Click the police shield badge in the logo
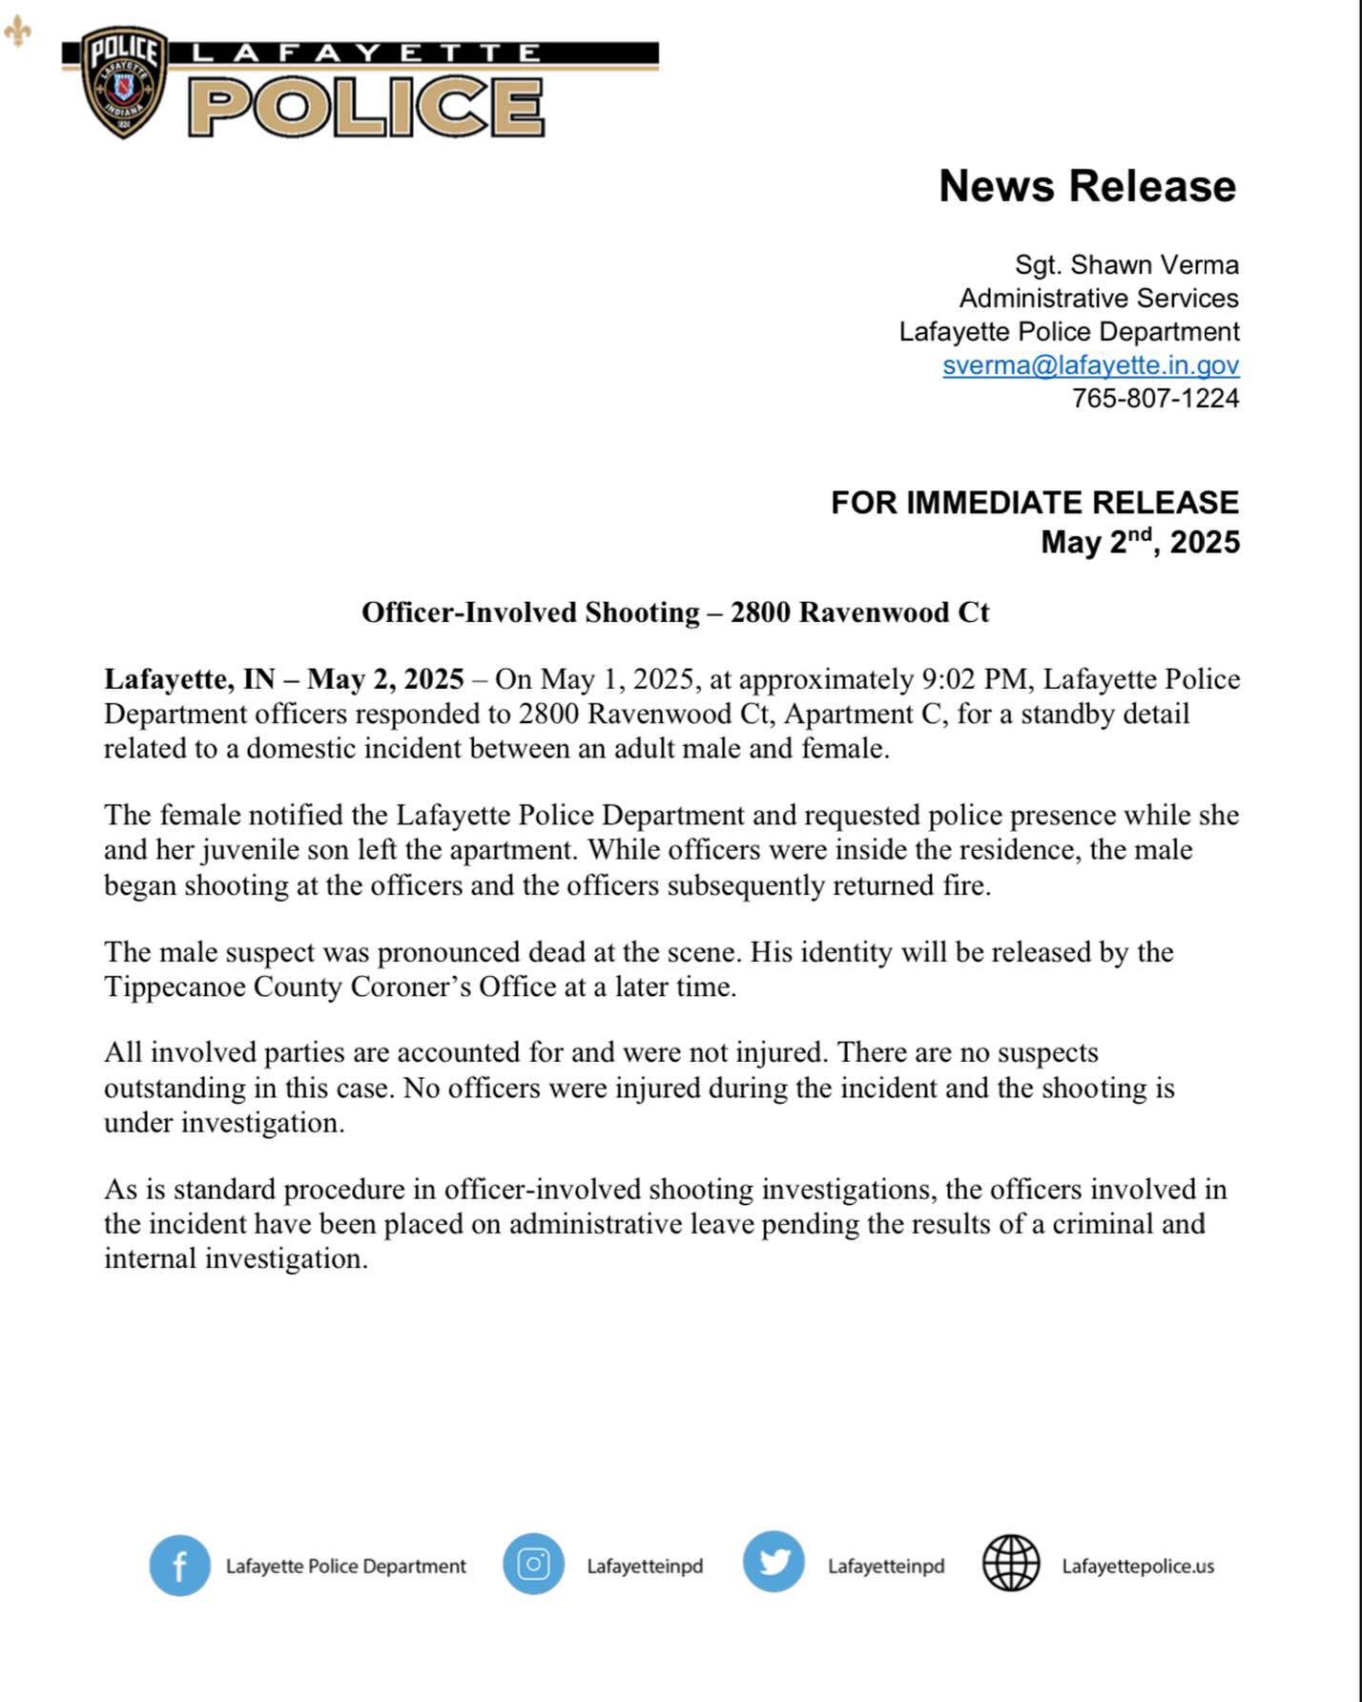click(x=124, y=83)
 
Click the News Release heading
click(x=1086, y=186)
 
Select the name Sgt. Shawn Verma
click(x=1125, y=264)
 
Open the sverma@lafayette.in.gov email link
click(x=1090, y=364)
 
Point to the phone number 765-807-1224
click(x=1155, y=398)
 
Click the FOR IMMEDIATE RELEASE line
click(x=1034, y=502)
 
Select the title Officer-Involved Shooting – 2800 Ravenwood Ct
click(x=674, y=612)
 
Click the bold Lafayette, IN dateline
click(x=189, y=679)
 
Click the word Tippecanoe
click(x=175, y=986)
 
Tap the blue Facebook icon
click(x=179, y=1566)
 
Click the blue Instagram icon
click(x=533, y=1565)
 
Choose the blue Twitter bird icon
click(x=774, y=1562)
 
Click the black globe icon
click(x=1010, y=1564)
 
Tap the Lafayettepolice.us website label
click(x=1137, y=1567)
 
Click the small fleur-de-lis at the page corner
click(x=17, y=31)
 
